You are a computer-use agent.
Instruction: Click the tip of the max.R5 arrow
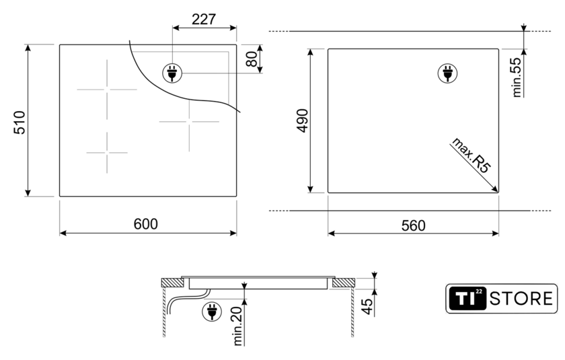tap(498, 192)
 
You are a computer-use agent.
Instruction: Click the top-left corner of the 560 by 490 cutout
tap(328, 49)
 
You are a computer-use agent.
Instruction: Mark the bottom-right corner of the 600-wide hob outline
tap(236, 196)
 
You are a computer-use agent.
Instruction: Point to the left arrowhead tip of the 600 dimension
tap(60, 233)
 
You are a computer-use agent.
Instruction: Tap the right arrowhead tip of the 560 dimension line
tap(498, 233)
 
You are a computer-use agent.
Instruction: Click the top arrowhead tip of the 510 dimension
tap(28, 44)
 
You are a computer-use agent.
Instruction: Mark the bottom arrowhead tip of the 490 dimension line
tap(311, 192)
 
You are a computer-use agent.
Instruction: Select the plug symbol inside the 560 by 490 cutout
tap(447, 73)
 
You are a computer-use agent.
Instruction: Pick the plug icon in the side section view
tap(212, 312)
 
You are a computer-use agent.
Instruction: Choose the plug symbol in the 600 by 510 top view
tap(172, 73)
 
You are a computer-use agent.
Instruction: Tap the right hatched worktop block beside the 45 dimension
tap(344, 283)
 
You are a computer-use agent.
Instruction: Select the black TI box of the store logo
tap(467, 298)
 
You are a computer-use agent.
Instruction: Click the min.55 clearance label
tap(517, 77)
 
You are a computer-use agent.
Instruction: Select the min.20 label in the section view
tap(238, 326)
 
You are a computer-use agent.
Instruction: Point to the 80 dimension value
tap(252, 59)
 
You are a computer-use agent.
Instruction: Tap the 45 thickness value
tap(367, 306)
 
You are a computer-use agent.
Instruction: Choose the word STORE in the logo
tap(521, 299)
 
